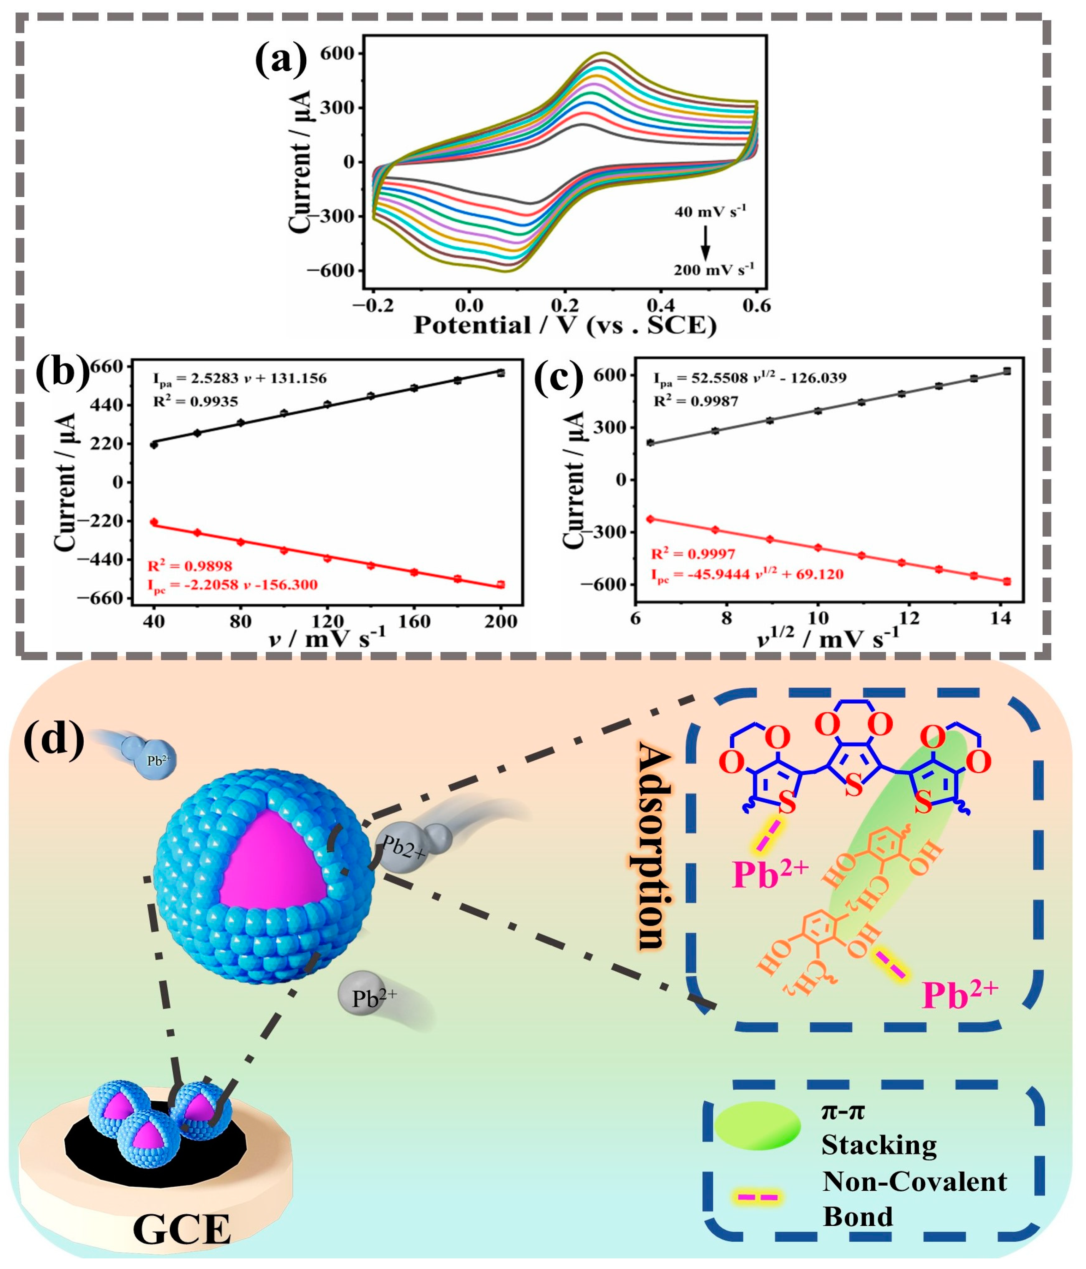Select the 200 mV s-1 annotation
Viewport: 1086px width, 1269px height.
coord(714,269)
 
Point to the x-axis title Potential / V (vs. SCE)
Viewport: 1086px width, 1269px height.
coord(565,325)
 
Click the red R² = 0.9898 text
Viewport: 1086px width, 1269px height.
coord(190,565)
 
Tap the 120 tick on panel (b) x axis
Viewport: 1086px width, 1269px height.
coord(327,621)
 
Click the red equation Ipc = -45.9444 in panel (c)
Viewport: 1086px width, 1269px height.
coord(747,574)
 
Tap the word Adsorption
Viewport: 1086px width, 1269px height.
coord(652,845)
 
